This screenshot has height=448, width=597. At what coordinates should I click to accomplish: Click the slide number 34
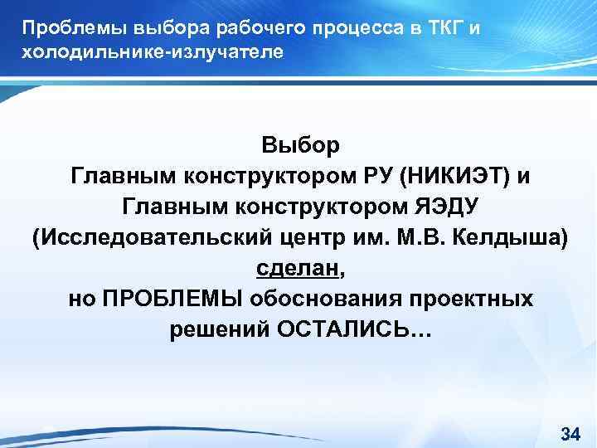tap(570, 433)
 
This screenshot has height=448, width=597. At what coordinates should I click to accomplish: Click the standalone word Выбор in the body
tap(300, 146)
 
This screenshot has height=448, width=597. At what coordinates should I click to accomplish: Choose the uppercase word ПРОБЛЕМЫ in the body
tap(167, 299)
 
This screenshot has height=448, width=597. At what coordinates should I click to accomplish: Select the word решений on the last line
tap(219, 330)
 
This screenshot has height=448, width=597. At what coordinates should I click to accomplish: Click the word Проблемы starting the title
tap(62, 29)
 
